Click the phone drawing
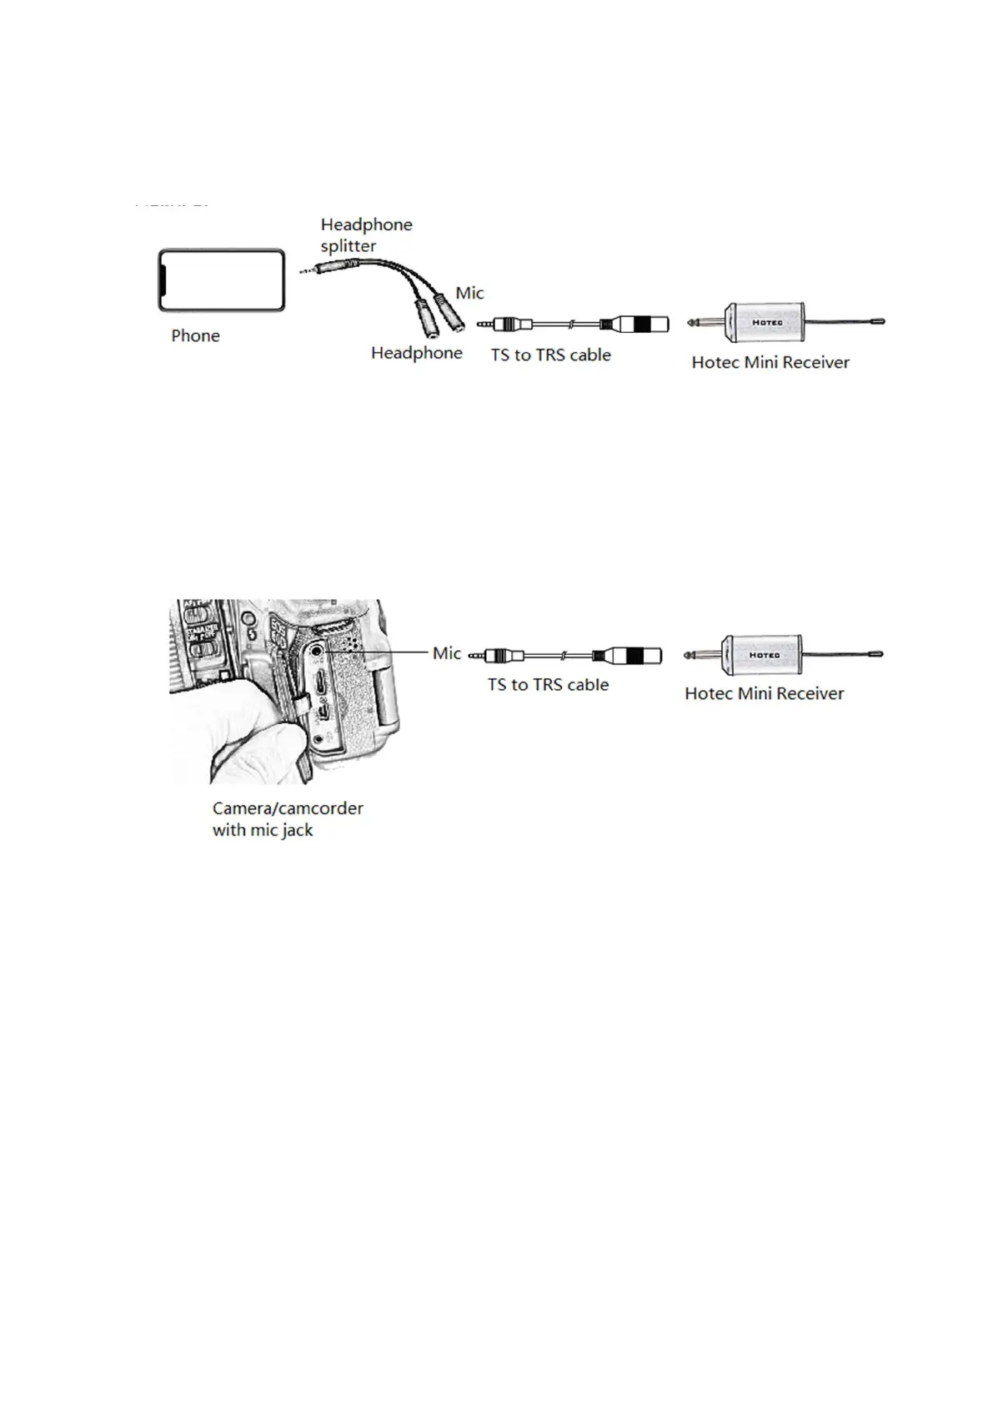click(x=221, y=280)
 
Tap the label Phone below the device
click(x=195, y=336)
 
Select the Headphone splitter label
click(x=366, y=235)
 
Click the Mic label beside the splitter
click(x=469, y=294)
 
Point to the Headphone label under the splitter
click(x=416, y=354)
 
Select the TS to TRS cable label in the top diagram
click(x=550, y=355)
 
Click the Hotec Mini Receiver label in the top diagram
click(x=770, y=363)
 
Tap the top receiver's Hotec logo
click(x=767, y=322)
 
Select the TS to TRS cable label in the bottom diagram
click(x=548, y=685)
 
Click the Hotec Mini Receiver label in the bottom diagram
click(x=764, y=694)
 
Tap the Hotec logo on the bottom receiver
click(x=764, y=655)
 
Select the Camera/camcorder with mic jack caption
click(x=287, y=819)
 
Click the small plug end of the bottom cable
click(x=479, y=657)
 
